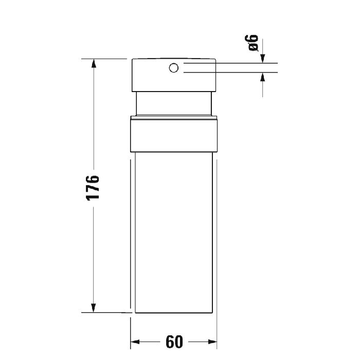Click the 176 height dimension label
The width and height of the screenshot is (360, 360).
tap(93, 188)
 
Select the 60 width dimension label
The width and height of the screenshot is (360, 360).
tap(175, 341)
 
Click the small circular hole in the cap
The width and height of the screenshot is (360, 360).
tap(174, 67)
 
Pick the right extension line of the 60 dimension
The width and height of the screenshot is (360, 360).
tap(218, 329)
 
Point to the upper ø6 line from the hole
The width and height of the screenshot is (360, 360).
tap(231, 63)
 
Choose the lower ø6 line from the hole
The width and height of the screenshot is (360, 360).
tap(231, 73)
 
